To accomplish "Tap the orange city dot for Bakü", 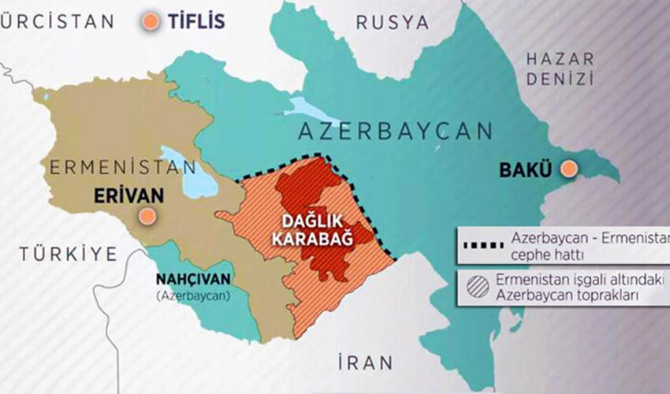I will tap(568, 169).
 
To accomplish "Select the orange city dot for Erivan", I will tap(145, 216).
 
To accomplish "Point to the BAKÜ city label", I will tap(527, 169).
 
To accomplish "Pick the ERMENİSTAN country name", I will tap(122, 167).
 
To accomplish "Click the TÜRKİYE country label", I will tap(69, 254).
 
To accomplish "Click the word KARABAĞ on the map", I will tap(313, 238).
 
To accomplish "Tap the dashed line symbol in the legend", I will tap(479, 244).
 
